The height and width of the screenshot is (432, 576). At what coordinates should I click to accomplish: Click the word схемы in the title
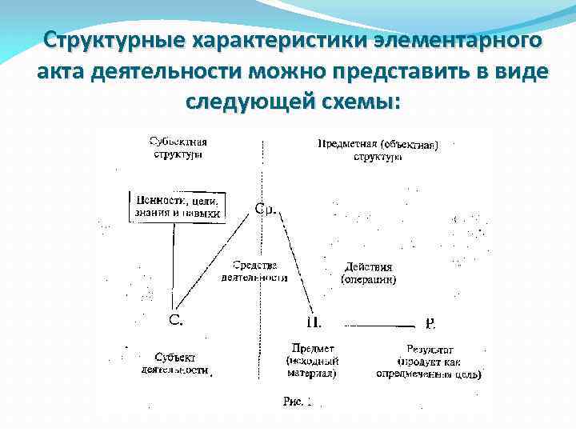tap(346, 103)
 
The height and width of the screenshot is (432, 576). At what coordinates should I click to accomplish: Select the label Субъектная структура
tap(178, 148)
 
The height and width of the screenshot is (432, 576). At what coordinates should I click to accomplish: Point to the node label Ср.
tap(266, 209)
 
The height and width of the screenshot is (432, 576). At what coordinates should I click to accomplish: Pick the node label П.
tap(314, 322)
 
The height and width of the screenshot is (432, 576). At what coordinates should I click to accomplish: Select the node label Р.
tap(430, 323)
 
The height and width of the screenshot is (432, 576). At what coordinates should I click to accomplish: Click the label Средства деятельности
tap(254, 271)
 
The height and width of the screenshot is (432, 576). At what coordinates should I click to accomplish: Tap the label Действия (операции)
tap(369, 274)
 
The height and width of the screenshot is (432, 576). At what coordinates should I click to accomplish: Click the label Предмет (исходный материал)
tap(312, 361)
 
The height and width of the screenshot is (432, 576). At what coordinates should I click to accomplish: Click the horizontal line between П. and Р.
tap(380, 326)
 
